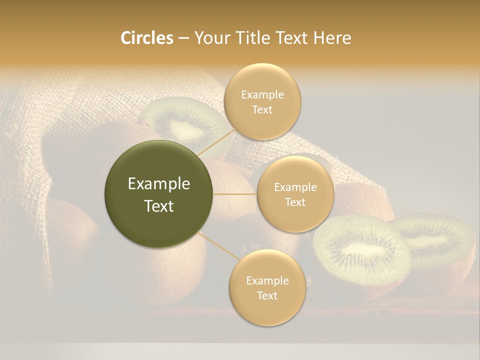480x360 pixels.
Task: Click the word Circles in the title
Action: coord(146,38)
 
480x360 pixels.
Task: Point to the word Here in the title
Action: coord(332,38)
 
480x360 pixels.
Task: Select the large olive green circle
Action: coord(159,194)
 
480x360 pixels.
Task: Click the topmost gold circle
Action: coord(262,101)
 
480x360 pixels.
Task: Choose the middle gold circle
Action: coord(295,194)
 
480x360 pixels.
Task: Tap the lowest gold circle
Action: coord(267,287)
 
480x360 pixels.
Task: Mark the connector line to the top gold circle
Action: coord(216,142)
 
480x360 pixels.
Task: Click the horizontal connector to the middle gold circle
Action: coord(234,194)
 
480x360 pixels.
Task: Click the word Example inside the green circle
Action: coord(159,184)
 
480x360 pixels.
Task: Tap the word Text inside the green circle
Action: coord(159,206)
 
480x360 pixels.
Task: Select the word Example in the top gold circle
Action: coord(262,95)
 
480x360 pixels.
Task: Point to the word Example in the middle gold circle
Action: coord(295,187)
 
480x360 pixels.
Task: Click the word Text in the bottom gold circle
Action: coord(267,295)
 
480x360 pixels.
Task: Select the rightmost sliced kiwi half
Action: coord(437,240)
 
